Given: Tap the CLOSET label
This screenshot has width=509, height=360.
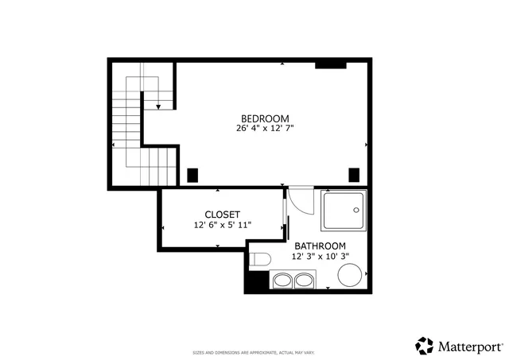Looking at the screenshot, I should [223, 215].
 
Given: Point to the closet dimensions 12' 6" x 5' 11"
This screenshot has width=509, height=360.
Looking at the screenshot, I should [223, 225].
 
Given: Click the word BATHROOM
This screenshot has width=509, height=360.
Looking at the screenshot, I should [321, 246].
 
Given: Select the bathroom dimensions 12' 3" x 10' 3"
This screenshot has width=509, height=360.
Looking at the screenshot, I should [321, 257].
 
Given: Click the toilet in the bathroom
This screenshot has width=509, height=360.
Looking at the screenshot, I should [259, 257].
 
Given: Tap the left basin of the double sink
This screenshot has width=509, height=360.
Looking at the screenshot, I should [283, 280].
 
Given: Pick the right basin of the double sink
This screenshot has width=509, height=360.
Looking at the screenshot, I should [303, 280].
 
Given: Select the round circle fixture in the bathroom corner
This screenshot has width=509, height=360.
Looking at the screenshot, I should [350, 276].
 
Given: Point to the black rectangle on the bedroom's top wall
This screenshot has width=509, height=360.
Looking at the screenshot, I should [329, 64].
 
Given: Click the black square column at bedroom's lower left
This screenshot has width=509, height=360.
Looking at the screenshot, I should [192, 175].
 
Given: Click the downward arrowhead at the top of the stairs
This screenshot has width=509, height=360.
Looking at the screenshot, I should [159, 106].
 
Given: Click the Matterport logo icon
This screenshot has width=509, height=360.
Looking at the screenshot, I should [425, 346].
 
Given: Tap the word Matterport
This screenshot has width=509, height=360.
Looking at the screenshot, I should [469, 346].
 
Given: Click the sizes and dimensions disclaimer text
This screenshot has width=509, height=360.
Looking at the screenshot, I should [254, 352].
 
